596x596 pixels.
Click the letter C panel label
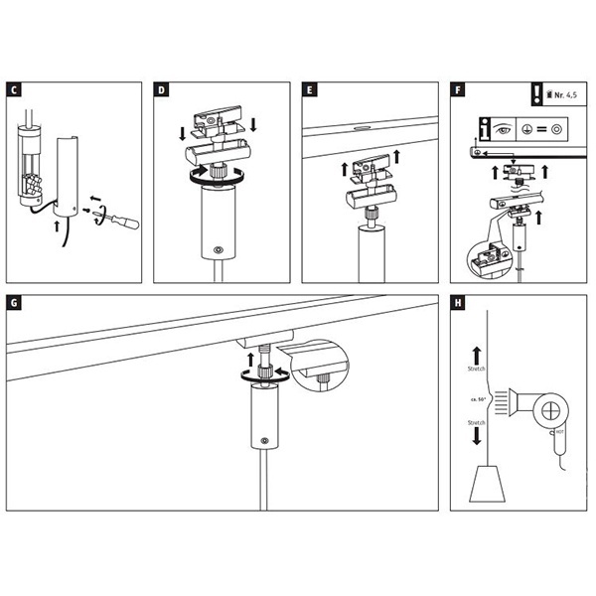13,90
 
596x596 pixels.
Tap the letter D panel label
162,90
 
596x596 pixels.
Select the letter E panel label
311,90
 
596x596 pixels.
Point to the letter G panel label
13,303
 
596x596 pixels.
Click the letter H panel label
457,303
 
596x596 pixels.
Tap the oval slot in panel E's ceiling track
361,127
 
